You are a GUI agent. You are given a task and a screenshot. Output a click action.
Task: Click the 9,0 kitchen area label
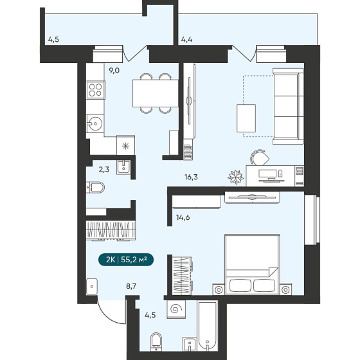114,71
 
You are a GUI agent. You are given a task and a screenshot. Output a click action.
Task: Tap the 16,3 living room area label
191,177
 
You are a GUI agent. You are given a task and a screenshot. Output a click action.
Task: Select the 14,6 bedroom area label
183,217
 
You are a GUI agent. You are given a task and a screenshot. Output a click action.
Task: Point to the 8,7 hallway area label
131,286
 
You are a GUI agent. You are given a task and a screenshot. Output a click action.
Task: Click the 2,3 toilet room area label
104,170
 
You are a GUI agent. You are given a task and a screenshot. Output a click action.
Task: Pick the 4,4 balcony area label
186,39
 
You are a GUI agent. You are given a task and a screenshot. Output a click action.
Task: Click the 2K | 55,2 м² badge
126,260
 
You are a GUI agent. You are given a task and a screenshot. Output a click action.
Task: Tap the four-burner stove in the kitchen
96,90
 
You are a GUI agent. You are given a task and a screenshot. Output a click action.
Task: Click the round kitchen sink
95,123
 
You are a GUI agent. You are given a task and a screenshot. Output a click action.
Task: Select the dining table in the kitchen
156,93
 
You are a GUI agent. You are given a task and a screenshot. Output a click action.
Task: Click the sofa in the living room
289,106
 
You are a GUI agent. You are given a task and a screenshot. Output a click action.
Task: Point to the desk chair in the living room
260,157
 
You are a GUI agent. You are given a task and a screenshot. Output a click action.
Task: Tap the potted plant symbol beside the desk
235,177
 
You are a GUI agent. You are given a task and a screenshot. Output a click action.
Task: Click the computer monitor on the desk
267,174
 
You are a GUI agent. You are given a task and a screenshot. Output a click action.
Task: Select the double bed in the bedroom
252,264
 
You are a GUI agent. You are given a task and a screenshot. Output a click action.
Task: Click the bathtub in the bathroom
207,327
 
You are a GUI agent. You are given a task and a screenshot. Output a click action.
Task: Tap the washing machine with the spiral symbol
176,309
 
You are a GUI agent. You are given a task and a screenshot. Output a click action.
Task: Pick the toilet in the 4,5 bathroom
156,342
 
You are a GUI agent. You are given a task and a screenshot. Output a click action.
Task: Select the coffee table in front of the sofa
246,118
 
